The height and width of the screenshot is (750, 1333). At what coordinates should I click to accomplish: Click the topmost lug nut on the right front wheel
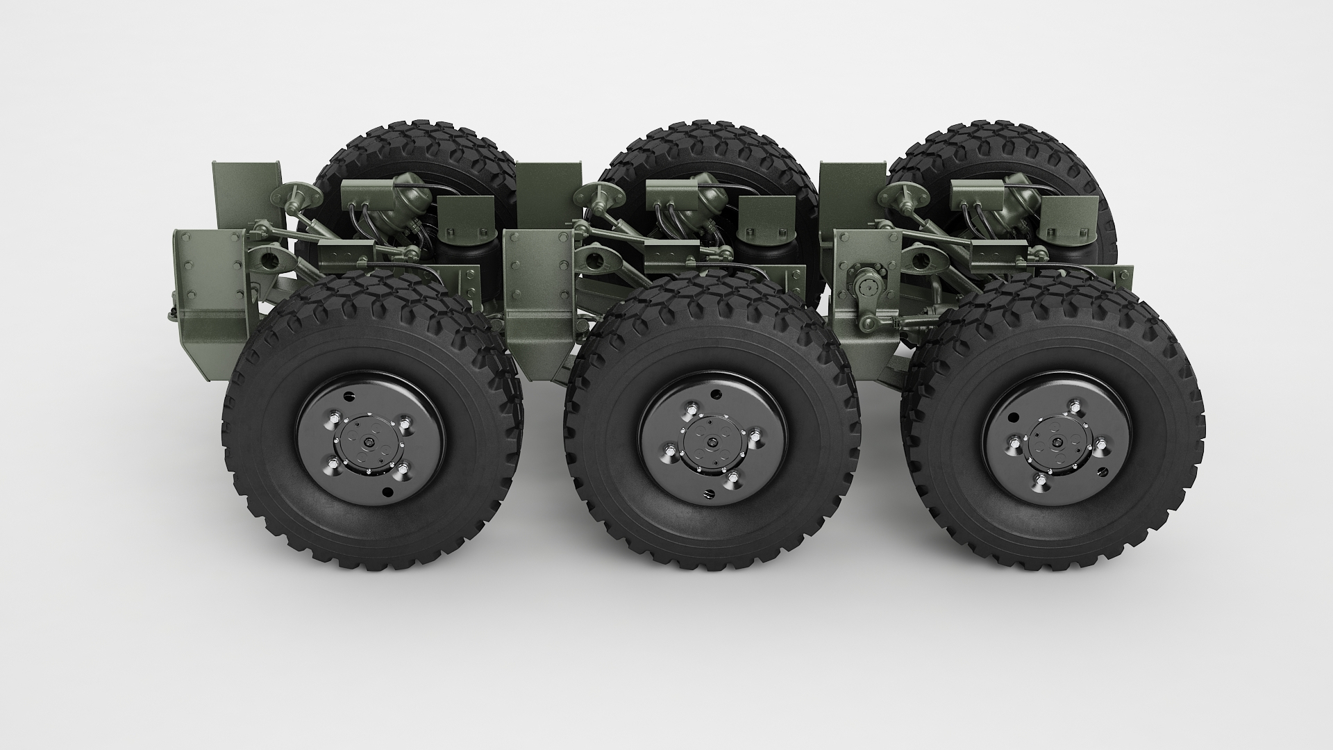tap(1075, 406)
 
